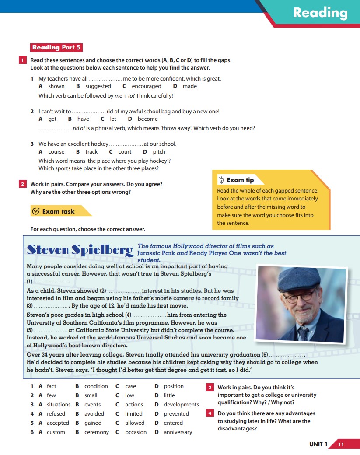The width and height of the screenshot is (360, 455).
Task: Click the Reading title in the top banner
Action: click(x=320, y=13)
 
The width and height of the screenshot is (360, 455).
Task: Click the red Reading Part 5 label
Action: click(x=56, y=47)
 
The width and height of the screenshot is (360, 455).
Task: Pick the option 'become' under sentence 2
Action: click(x=148, y=119)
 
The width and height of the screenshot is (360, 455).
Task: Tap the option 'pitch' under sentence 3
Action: click(x=159, y=152)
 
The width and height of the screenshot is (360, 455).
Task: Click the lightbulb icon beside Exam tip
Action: click(x=221, y=180)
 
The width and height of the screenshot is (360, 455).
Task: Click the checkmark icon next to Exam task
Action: click(x=36, y=211)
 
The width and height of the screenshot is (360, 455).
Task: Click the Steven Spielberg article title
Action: click(x=80, y=250)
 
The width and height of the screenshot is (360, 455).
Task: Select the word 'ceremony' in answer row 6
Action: click(x=97, y=432)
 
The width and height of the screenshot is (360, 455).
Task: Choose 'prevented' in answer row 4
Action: click(x=176, y=414)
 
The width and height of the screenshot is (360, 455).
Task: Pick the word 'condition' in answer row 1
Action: click(x=96, y=386)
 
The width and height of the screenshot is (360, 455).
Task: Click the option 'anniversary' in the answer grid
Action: click(x=178, y=432)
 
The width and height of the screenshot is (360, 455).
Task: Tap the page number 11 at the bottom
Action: click(x=341, y=444)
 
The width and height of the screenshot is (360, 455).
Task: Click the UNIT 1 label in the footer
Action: click(x=318, y=444)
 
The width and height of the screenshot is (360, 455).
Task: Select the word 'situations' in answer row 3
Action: click(x=59, y=405)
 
